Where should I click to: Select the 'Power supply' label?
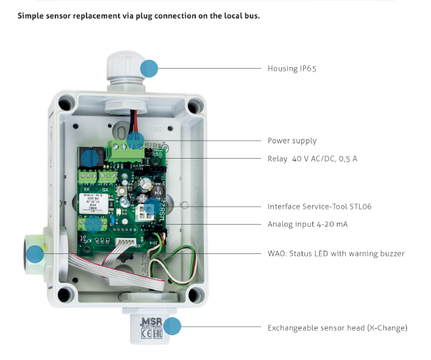pos(292,141)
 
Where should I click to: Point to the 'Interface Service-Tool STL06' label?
pos(319,207)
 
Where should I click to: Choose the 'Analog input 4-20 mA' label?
pos(307,224)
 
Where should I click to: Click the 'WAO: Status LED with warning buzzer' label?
pos(336,253)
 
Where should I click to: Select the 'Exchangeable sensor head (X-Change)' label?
pos(337,328)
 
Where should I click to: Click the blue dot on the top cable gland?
pos(149,67)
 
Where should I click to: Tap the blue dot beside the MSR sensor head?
pos(173,326)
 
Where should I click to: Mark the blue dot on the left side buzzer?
pos(35,253)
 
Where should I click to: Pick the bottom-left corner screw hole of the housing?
pos(65,294)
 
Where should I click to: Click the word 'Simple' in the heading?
pos(31,15)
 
